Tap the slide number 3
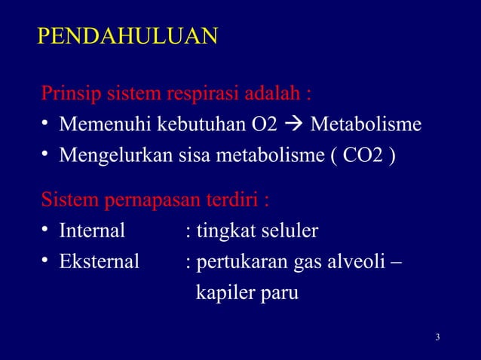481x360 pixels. coord(438,336)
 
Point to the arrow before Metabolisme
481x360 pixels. coord(293,124)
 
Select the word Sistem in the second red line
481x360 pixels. coord(65,202)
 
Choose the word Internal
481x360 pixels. coord(92,230)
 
